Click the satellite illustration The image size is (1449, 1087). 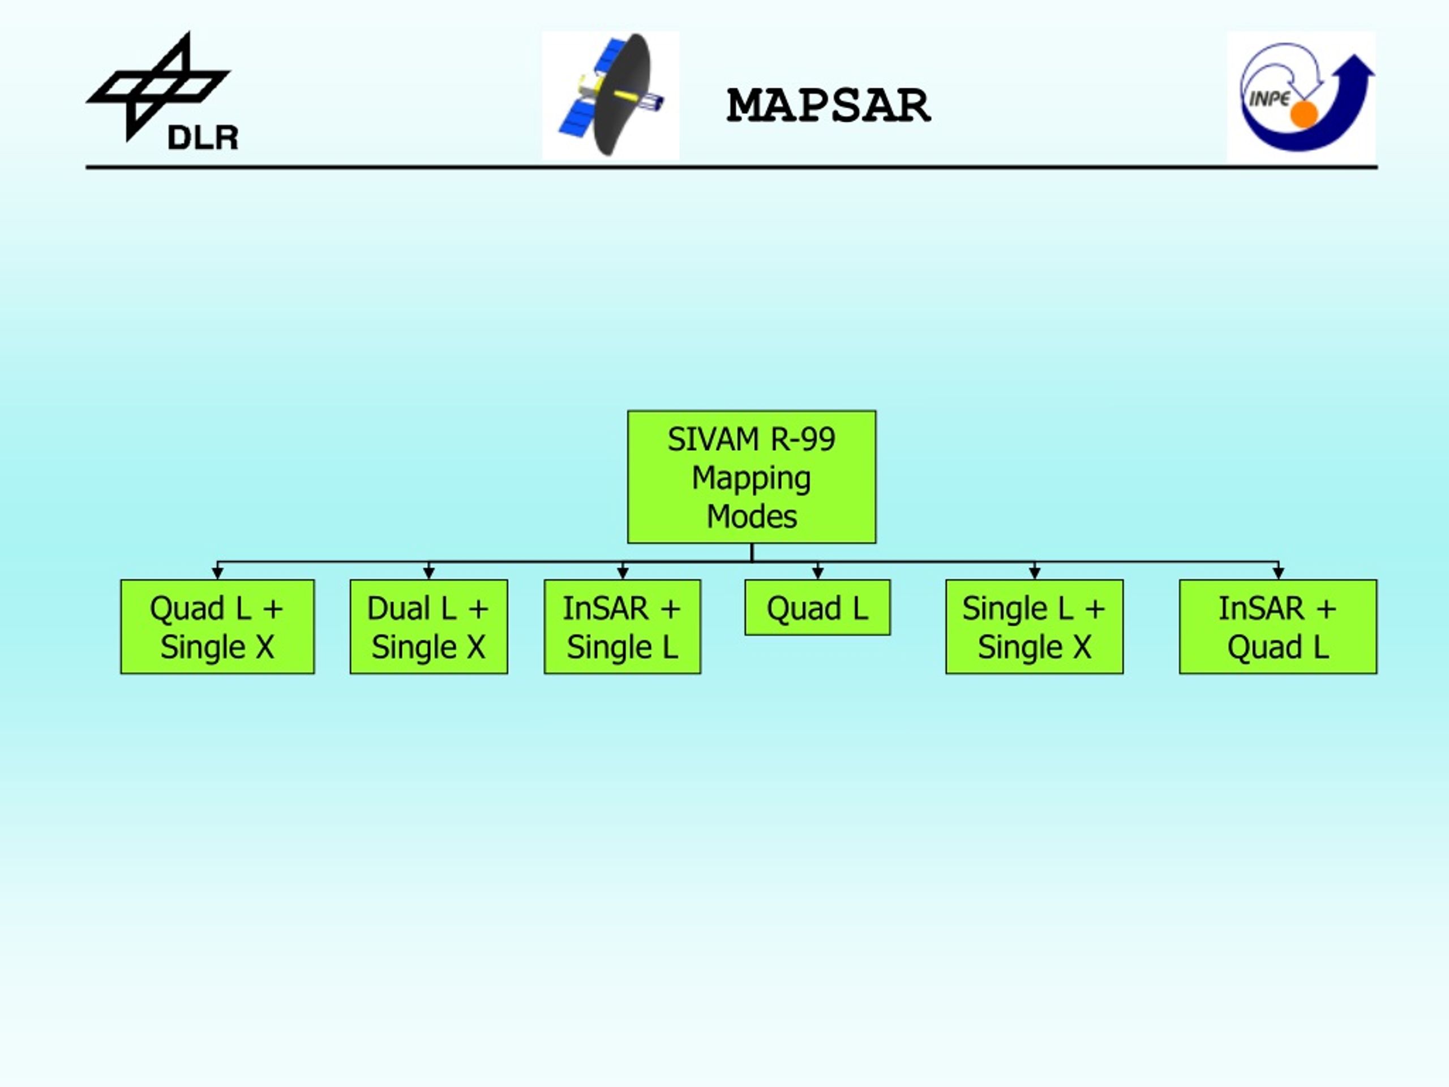[x=611, y=95]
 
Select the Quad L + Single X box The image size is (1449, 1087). [x=217, y=626]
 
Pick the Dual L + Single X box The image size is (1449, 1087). [x=428, y=626]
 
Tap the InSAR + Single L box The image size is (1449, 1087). [x=622, y=626]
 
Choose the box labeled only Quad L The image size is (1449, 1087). [x=817, y=607]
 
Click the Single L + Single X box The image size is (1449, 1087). [x=1034, y=626]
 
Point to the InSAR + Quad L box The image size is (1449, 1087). [x=1278, y=626]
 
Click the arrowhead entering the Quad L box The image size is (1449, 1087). [x=817, y=574]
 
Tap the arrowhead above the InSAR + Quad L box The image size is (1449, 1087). [x=1278, y=574]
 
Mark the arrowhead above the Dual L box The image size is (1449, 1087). [x=429, y=574]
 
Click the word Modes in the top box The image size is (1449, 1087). [x=751, y=516]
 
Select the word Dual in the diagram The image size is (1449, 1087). [x=399, y=608]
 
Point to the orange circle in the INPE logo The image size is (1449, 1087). [x=1304, y=114]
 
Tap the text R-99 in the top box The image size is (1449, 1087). [x=803, y=439]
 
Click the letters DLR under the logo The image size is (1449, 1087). [x=203, y=138]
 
